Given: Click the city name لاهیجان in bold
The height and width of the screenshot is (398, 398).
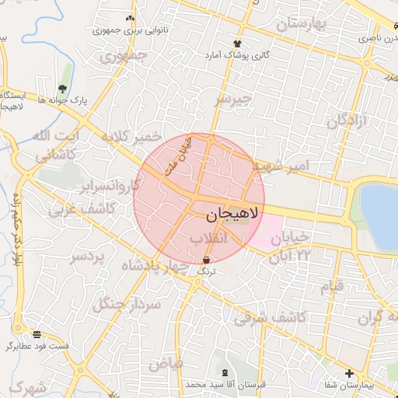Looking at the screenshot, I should pos(232,211).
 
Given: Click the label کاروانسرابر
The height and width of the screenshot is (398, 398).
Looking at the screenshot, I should pos(109,187).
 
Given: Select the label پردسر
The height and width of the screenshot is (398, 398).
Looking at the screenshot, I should pos(87,257).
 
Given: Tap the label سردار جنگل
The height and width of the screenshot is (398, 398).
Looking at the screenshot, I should pos(127,304).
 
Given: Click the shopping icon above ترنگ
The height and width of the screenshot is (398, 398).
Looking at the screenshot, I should pos(206,260).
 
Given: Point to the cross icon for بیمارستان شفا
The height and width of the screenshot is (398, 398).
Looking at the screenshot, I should pos(348,373).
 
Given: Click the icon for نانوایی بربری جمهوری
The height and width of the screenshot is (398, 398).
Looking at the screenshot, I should pos(129,17).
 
